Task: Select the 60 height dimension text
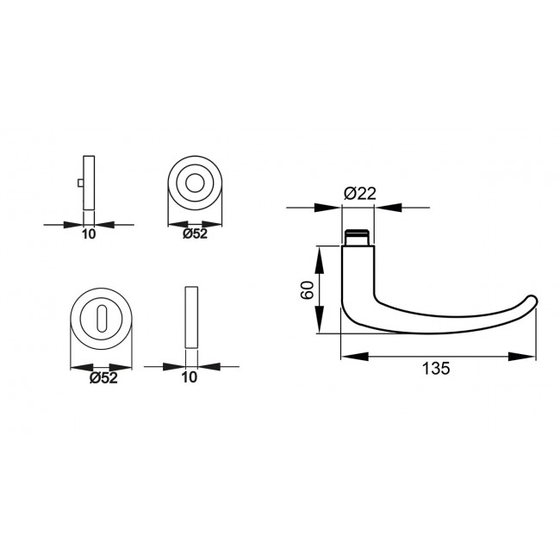pyautogui.click(x=306, y=290)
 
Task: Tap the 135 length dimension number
pyautogui.click(x=436, y=369)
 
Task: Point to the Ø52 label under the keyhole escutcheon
pyautogui.click(x=103, y=377)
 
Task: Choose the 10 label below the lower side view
pyautogui.click(x=190, y=377)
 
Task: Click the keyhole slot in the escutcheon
pyautogui.click(x=101, y=320)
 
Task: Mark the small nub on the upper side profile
pyautogui.click(x=80, y=184)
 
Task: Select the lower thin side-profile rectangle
pyautogui.click(x=191, y=316)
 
